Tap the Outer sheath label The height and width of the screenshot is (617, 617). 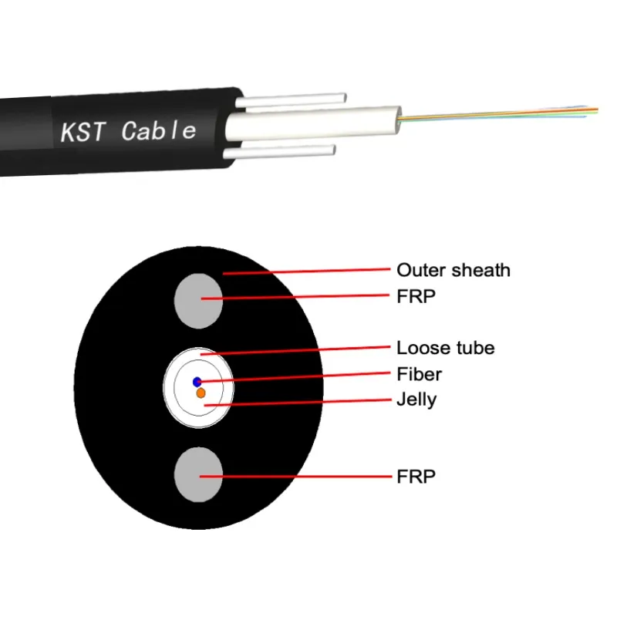click(x=453, y=270)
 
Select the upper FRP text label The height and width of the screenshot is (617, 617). click(x=416, y=295)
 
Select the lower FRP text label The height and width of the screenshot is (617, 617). click(x=416, y=476)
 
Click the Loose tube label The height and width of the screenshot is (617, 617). click(x=445, y=348)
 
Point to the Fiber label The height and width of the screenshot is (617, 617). click(x=418, y=374)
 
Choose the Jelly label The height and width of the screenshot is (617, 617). click(x=416, y=400)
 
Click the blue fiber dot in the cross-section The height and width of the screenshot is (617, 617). click(x=197, y=381)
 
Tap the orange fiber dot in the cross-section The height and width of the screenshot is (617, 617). click(x=201, y=393)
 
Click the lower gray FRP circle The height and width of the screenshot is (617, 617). click(x=198, y=476)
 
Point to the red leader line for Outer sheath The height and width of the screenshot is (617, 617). click(x=308, y=271)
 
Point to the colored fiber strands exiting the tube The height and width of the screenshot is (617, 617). click(x=501, y=114)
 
